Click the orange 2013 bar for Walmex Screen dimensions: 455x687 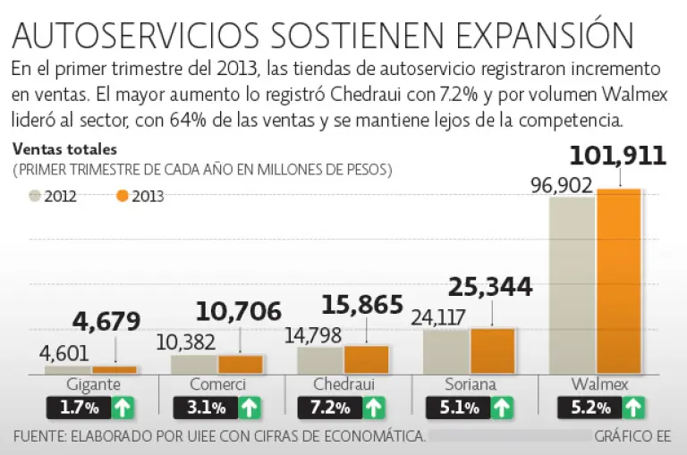[x=619, y=281]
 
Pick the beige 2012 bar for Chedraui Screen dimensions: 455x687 [x=319, y=359]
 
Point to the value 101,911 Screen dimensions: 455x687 [x=617, y=156]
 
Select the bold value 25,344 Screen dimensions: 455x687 [x=489, y=287]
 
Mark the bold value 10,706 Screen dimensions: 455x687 [x=238, y=311]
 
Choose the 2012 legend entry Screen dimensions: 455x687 [x=53, y=196]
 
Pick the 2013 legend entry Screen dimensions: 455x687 [x=139, y=196]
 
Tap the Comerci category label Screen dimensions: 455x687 [x=218, y=385]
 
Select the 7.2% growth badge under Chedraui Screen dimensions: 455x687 [x=329, y=409]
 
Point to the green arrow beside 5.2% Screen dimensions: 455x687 [x=633, y=409]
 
